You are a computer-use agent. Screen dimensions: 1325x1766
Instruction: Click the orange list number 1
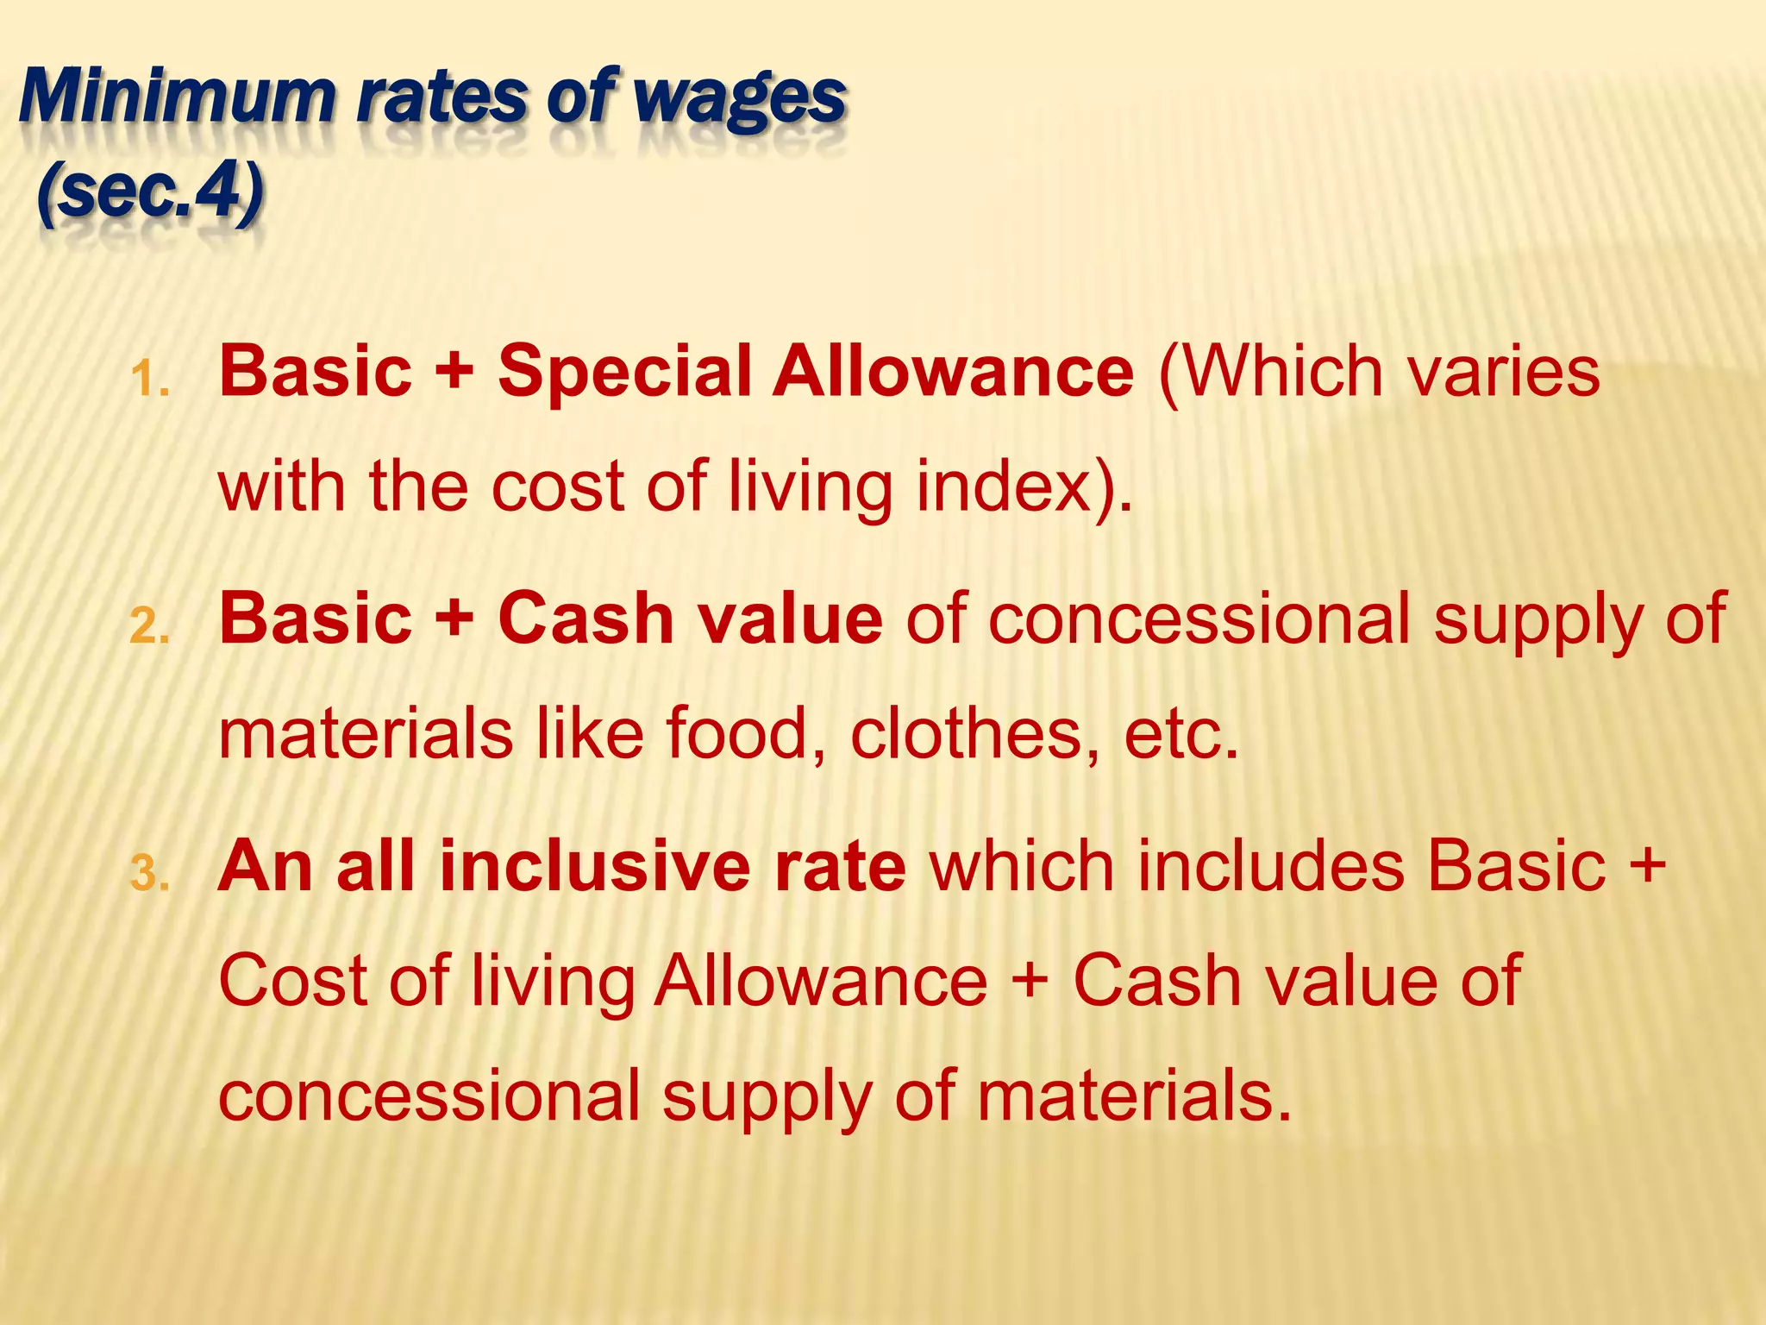coord(149,379)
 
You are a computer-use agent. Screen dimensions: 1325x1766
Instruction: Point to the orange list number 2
coord(149,626)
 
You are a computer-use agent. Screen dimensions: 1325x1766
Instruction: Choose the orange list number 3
coord(149,873)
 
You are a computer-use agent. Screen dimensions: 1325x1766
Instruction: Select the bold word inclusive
coord(595,866)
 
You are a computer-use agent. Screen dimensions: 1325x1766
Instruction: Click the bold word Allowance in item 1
coord(953,371)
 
